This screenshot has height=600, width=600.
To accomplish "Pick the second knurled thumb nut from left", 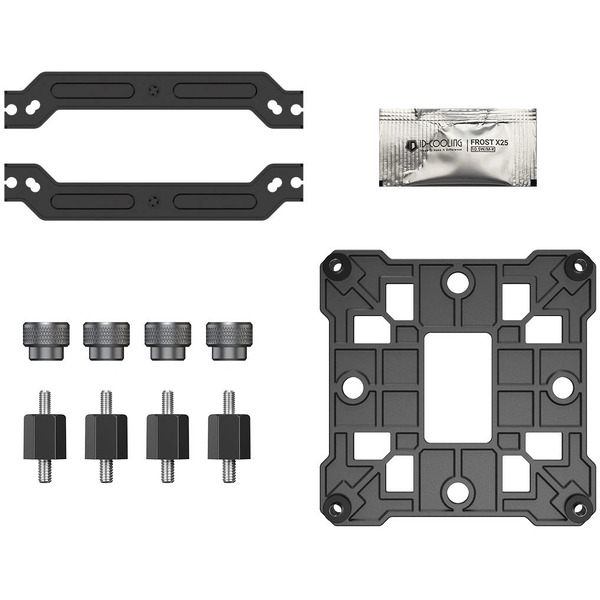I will pyautogui.click(x=106, y=341).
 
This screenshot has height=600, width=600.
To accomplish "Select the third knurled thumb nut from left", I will pyautogui.click(x=167, y=341).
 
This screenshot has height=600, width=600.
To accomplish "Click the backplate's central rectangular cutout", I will pyautogui.click(x=456, y=386).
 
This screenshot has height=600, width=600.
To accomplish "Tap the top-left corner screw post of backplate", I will pyautogui.click(x=335, y=266).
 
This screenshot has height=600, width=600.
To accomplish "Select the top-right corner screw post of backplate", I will pyautogui.click(x=577, y=266).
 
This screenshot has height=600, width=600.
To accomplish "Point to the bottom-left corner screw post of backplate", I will pyautogui.click(x=335, y=506).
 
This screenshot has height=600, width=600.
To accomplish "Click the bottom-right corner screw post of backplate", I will pyautogui.click(x=577, y=506).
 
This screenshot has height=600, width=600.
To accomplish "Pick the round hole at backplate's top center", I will pyautogui.click(x=456, y=283).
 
